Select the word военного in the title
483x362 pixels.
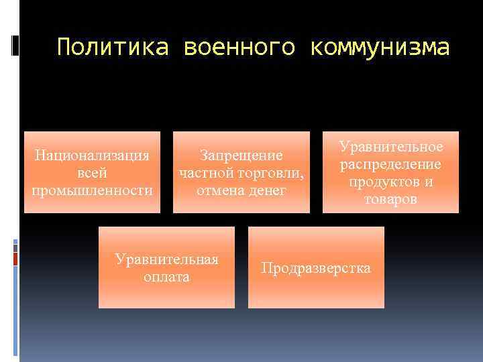(237, 48)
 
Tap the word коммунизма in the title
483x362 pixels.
(380, 48)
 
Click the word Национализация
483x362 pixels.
(93, 156)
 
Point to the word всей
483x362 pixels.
(93, 173)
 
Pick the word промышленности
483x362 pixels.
(93, 190)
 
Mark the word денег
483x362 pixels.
(267, 190)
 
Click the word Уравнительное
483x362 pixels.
(391, 147)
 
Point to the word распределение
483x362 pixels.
(391, 164)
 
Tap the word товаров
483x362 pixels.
(391, 199)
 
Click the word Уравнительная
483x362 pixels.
(166, 259)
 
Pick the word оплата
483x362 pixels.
(166, 277)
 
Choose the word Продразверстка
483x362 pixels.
(316, 268)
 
